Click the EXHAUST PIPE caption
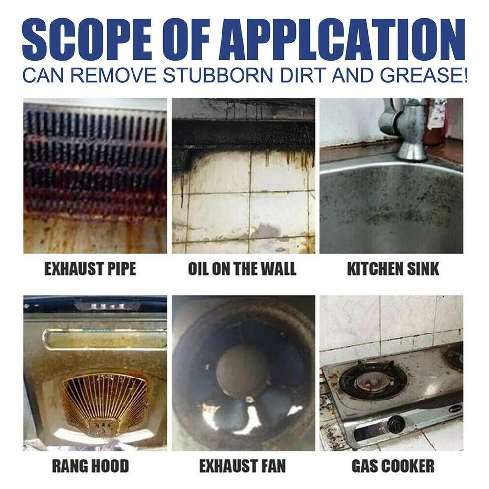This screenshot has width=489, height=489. click(x=90, y=268)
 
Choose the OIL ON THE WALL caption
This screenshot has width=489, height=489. click(x=242, y=268)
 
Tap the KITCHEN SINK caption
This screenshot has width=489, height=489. click(x=393, y=268)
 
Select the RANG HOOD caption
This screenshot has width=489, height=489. click(x=90, y=466)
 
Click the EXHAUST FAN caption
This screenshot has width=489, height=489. click(x=242, y=466)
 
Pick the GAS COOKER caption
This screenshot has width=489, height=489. click(x=393, y=466)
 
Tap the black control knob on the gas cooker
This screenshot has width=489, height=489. click(x=396, y=424)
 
